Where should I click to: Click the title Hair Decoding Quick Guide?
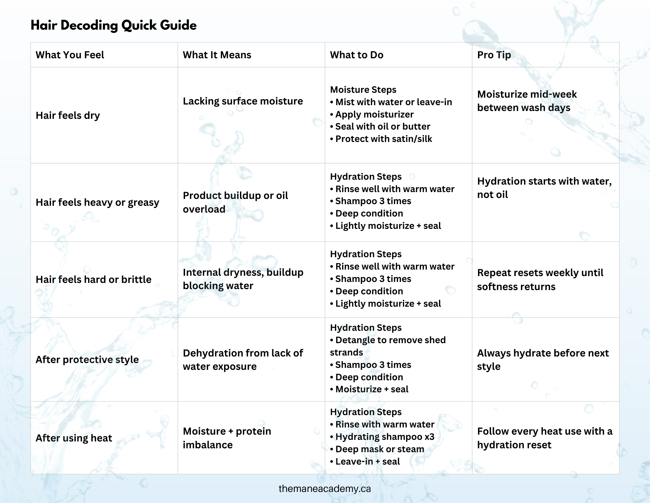pos(113,25)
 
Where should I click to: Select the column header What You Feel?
pos(70,55)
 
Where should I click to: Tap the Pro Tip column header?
pos(494,55)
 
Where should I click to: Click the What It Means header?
pos(217,55)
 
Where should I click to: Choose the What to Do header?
pos(356,55)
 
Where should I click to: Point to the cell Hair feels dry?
pos(68,115)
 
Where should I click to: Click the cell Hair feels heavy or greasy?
pos(97,202)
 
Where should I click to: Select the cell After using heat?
pos(74,438)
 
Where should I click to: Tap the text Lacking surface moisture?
pos(243,101)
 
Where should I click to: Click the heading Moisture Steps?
pos(363,90)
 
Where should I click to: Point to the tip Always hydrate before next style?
pos(542,359)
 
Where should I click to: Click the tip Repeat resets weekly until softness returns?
pos(540,279)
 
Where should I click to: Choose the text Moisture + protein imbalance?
pos(227,438)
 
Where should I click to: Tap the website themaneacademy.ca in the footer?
pos(325,489)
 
